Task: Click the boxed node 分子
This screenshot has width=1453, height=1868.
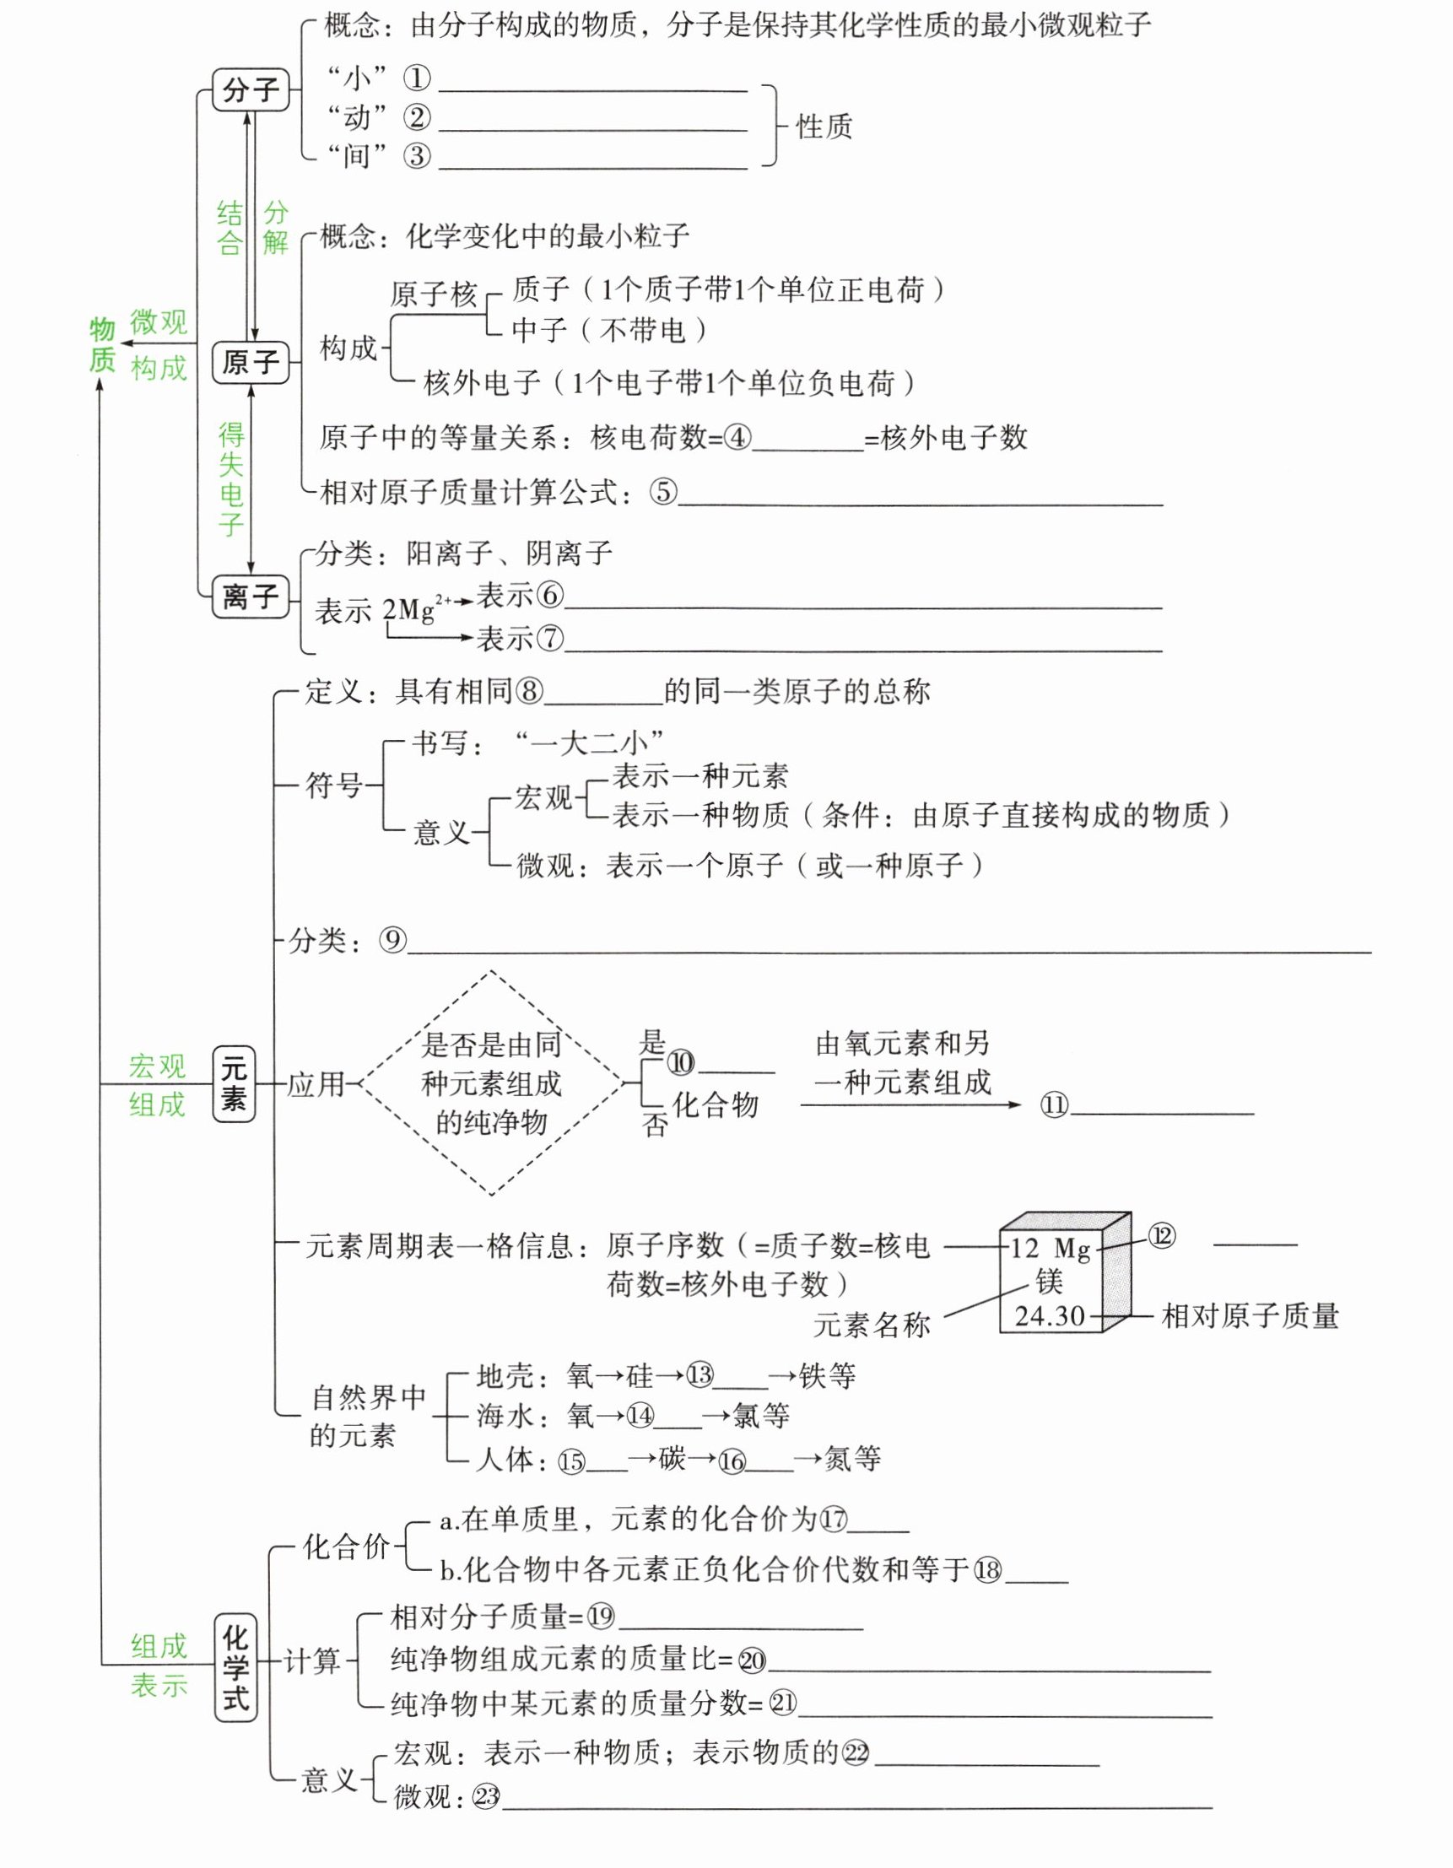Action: pos(251,89)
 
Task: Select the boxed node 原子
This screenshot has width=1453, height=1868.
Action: pos(251,362)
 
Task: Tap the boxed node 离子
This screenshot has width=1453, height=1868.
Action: pos(251,596)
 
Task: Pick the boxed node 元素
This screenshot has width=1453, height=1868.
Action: pos(234,1083)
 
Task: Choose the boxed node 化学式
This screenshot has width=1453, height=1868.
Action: pos(235,1667)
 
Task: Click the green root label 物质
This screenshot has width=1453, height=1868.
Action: pos(102,345)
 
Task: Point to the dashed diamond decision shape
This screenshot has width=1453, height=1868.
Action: pos(491,1082)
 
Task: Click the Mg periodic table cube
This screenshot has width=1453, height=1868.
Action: pos(1064,1271)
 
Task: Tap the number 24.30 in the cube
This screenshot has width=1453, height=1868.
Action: pos(1050,1316)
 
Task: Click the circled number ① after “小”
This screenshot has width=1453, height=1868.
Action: pos(418,79)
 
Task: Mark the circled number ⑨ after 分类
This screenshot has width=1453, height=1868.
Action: pos(392,941)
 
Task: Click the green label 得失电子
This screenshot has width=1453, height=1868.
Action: pos(231,479)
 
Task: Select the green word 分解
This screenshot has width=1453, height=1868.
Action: pos(275,228)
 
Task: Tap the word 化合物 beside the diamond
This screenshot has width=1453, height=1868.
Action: pos(715,1104)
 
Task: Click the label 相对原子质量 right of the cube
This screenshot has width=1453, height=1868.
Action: pos(1250,1316)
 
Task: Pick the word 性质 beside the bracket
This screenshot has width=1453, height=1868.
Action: pos(824,127)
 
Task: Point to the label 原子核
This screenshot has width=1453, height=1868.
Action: pos(434,294)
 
